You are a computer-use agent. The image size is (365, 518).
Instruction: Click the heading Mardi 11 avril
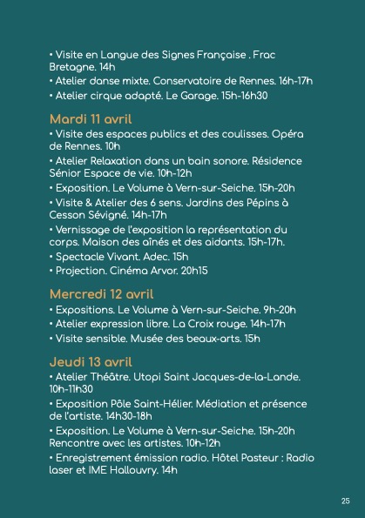point(91,118)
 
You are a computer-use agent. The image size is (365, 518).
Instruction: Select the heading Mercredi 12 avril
point(101,293)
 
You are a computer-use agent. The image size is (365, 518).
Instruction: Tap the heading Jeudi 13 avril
point(91,361)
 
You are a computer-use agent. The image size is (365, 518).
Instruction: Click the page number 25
point(346,501)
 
